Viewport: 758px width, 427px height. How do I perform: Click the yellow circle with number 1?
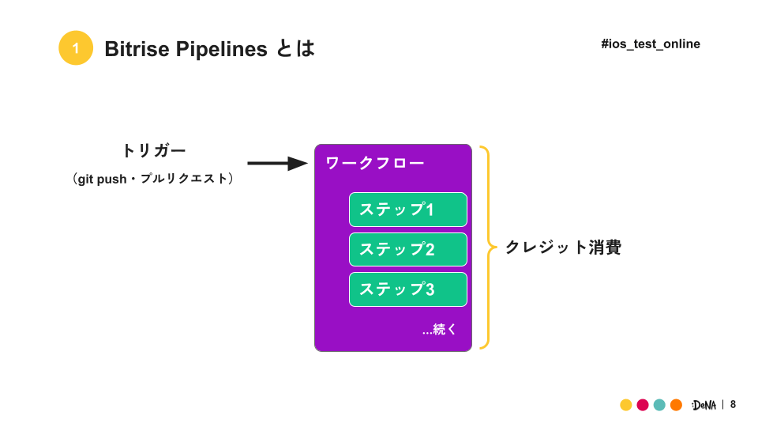[76, 48]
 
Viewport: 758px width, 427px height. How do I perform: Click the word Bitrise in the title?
[137, 49]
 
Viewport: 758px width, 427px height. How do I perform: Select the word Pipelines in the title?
[221, 50]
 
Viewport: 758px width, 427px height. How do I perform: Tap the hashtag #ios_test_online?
[650, 44]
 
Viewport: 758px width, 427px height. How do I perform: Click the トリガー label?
[154, 150]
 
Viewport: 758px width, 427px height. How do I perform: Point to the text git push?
[102, 179]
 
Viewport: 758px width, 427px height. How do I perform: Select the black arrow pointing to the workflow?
[277, 164]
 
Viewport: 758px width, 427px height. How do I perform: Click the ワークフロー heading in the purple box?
[375, 163]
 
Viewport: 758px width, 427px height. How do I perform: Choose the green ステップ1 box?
[408, 210]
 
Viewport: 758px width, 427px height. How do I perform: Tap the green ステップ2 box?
[408, 249]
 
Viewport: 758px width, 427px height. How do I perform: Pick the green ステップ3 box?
[408, 289]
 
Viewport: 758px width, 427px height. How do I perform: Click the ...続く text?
[439, 330]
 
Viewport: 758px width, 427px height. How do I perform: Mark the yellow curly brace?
[488, 247]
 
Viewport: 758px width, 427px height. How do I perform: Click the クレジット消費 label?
[563, 248]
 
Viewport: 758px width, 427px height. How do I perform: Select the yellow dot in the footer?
[626, 405]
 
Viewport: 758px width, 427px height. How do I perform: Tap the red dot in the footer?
[643, 405]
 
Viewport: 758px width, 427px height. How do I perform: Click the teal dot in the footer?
[659, 405]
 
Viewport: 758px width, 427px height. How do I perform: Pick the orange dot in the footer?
[676, 405]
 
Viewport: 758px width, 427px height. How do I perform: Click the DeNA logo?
[704, 405]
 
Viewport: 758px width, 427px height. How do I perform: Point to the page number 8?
[733, 404]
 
